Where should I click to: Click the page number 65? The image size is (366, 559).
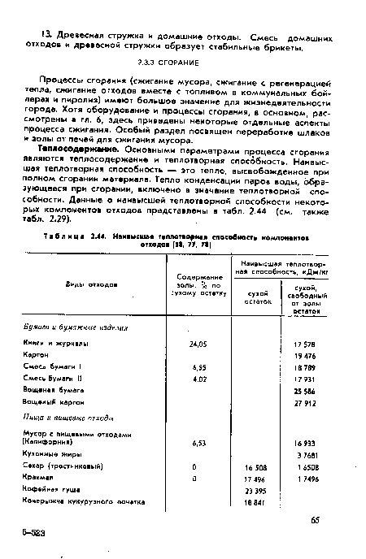click(314, 517)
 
